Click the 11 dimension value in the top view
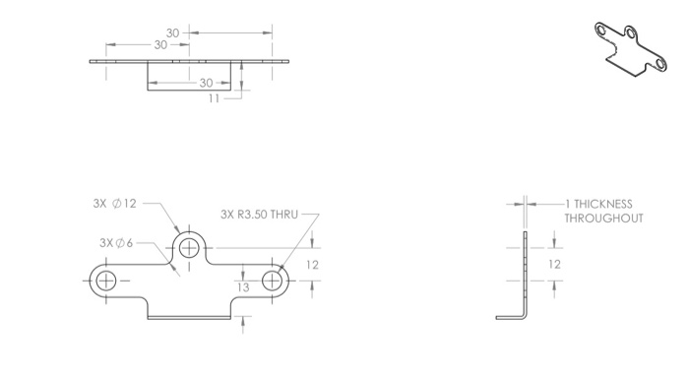[214, 98]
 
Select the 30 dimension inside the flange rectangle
[206, 83]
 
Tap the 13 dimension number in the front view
[243, 287]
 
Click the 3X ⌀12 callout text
[115, 204]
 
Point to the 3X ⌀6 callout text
[116, 242]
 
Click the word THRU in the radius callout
[283, 215]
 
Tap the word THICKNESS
[603, 204]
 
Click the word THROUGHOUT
[603, 219]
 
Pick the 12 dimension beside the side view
[554, 264]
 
